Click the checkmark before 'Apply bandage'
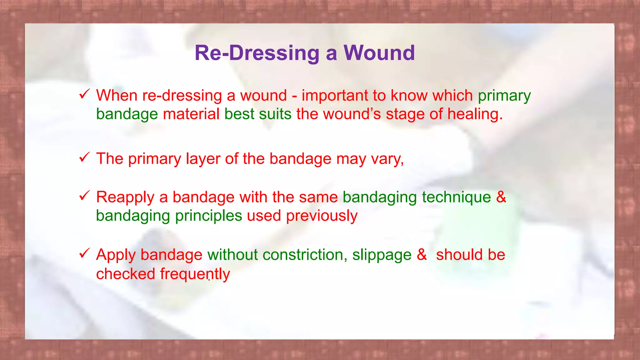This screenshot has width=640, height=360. tap(84, 253)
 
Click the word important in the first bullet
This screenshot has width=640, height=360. tap(335, 96)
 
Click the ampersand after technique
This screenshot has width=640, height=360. tap(501, 197)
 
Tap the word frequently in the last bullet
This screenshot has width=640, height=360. tap(195, 274)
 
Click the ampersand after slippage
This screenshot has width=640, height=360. tap(422, 255)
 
